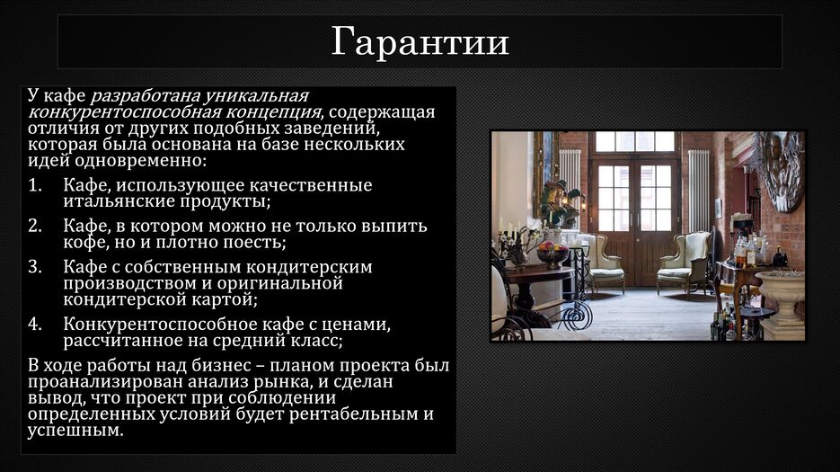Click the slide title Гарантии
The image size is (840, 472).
(420, 42)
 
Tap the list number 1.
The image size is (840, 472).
(35, 185)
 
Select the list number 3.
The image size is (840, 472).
(35, 267)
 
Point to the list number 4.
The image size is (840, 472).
(35, 325)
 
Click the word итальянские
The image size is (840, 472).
(119, 201)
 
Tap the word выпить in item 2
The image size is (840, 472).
(393, 227)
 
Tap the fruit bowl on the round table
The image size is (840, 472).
(553, 254)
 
